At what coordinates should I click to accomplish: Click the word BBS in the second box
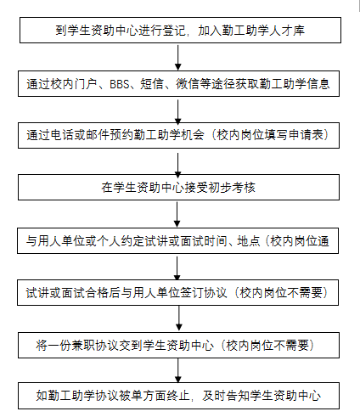pyautogui.click(x=120, y=84)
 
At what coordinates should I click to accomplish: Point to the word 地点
pyautogui.click(x=249, y=241)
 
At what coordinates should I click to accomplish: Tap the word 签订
pyautogui.click(x=192, y=293)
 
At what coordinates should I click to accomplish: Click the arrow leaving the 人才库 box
pyautogui.click(x=178, y=58)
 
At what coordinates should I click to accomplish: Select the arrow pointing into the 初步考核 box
pyautogui.click(x=178, y=166)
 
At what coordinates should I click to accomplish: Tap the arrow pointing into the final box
pyautogui.click(x=178, y=370)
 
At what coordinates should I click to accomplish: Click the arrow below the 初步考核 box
pyautogui.click(x=177, y=214)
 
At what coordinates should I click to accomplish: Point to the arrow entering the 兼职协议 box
pyautogui.click(x=179, y=318)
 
